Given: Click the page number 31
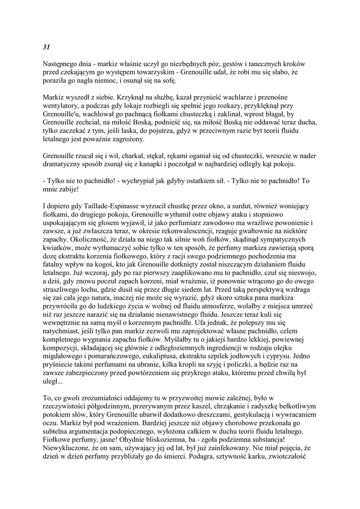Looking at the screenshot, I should click(x=46, y=47).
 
